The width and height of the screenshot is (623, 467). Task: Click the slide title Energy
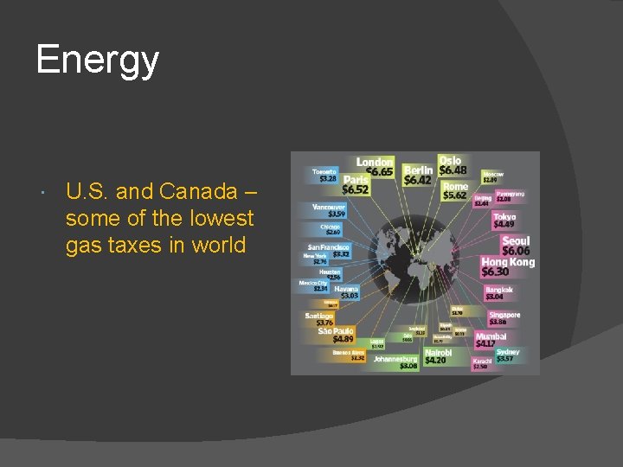point(98,61)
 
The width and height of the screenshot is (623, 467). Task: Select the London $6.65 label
point(375,168)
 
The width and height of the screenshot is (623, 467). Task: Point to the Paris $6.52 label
point(355,183)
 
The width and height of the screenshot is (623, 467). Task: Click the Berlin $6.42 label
point(418,176)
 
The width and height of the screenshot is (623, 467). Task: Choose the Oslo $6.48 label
point(451,165)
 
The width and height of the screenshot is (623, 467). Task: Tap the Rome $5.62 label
point(454,190)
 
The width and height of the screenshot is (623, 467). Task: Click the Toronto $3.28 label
point(324,176)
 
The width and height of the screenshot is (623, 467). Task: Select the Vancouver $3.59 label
point(329,211)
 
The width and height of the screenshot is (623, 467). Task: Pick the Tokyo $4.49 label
point(504,221)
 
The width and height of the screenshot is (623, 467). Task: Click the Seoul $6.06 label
point(516,246)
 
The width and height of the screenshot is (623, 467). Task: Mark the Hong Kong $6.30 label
point(507,266)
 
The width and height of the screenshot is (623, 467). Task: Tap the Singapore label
point(504,319)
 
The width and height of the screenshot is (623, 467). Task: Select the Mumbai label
point(491,340)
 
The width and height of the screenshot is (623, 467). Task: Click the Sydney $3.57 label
point(508,355)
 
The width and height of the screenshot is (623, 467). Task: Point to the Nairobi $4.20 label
point(438,356)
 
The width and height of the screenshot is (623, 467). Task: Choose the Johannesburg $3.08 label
point(396,361)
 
